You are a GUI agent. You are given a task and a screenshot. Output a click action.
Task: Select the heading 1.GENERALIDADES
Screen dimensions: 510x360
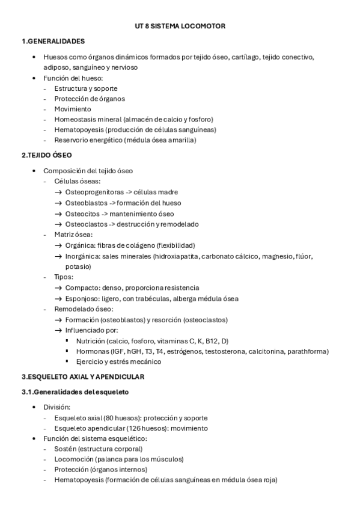click(53, 41)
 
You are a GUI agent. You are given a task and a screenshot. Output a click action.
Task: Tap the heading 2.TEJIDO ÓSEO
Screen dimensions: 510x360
click(46, 155)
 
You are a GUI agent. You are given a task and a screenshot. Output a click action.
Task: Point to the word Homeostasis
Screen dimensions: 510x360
click(72, 119)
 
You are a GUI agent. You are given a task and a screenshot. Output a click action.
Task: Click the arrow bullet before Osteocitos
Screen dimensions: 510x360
click(58, 214)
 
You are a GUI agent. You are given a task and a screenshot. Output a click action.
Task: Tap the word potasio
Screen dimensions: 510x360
click(78, 266)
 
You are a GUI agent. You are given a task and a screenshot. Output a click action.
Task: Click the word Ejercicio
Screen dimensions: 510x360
click(89, 361)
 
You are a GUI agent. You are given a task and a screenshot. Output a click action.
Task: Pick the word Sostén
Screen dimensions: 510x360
click(64, 449)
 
